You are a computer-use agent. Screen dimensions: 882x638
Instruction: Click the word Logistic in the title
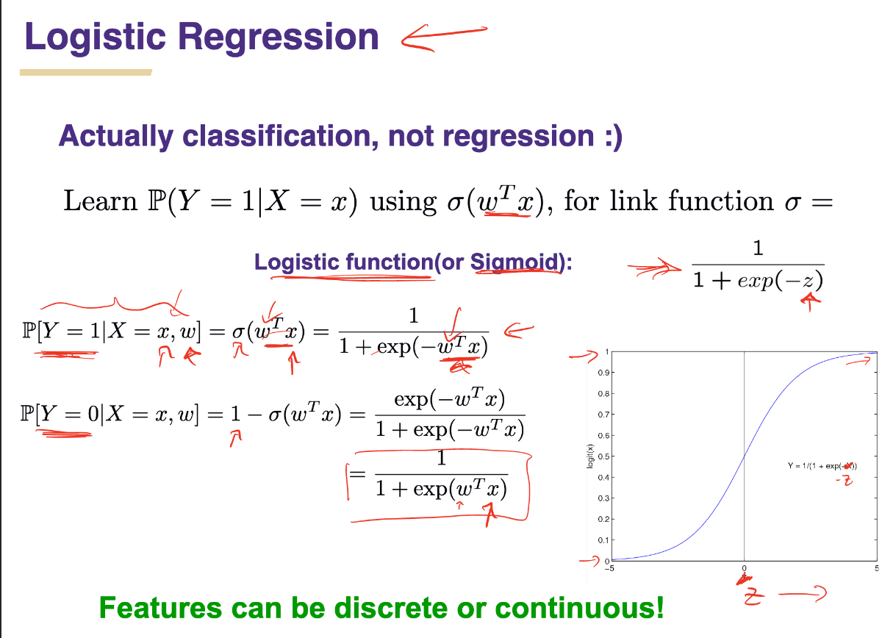pyautogui.click(x=96, y=37)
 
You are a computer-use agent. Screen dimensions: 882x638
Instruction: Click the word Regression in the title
pyautogui.click(x=279, y=37)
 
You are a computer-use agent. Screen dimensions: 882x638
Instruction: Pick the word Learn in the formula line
pyautogui.click(x=101, y=201)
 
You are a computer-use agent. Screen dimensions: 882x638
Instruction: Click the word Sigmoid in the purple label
pyautogui.click(x=515, y=262)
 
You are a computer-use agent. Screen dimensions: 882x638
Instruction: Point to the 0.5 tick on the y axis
pyautogui.click(x=603, y=457)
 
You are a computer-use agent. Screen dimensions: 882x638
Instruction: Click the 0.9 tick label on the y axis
pyautogui.click(x=603, y=373)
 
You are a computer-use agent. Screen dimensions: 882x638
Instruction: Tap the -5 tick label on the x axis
pyautogui.click(x=609, y=568)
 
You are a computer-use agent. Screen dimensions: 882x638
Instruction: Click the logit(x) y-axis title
pyautogui.click(x=589, y=456)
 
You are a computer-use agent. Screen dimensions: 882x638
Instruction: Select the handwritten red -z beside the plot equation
pyautogui.click(x=845, y=481)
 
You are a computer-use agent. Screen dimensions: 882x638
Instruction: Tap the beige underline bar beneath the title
pyautogui.click(x=86, y=73)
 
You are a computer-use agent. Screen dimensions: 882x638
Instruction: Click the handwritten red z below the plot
pyautogui.click(x=753, y=598)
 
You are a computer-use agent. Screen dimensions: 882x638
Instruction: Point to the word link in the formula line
pyautogui.click(x=634, y=201)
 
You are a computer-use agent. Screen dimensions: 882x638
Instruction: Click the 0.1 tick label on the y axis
pyautogui.click(x=603, y=540)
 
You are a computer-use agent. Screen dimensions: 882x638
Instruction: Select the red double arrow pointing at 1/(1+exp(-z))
pyautogui.click(x=654, y=268)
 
